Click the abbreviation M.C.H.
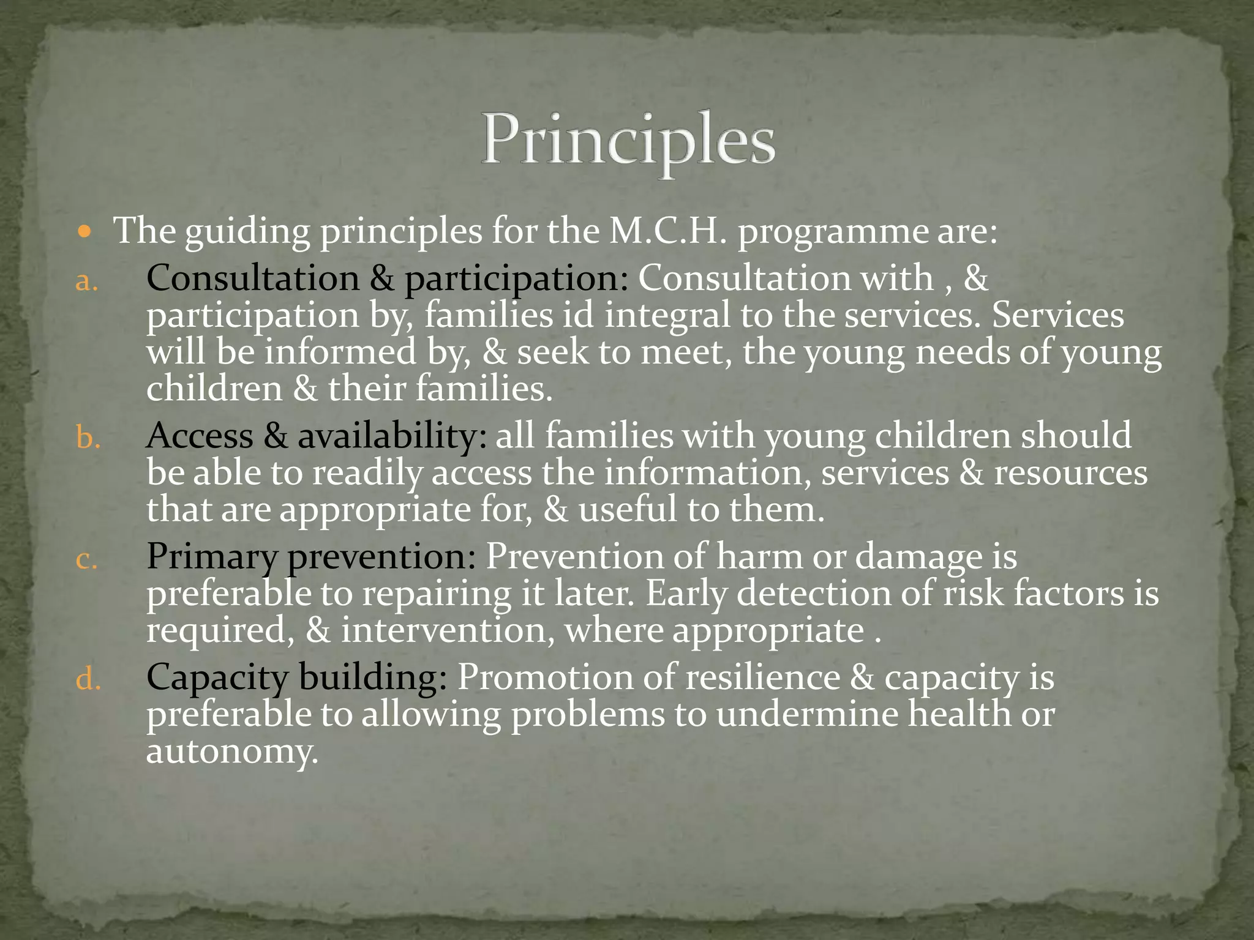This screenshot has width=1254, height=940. [667, 231]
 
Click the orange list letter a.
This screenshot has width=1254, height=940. [86, 282]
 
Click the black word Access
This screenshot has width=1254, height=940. [200, 436]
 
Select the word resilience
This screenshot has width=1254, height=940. [762, 678]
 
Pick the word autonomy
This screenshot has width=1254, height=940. [232, 752]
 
